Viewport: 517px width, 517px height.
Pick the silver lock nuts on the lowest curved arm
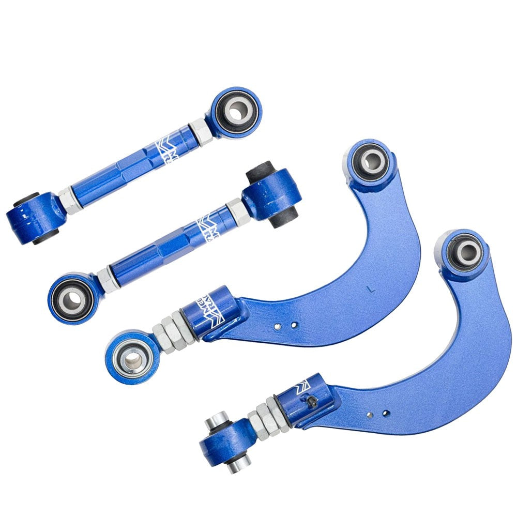(266, 415)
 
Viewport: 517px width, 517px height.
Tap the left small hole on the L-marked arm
(278, 326)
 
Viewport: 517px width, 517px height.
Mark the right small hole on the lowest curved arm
(385, 413)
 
